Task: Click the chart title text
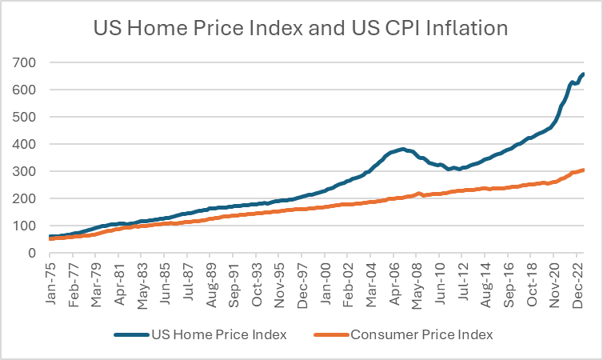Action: pos(301,29)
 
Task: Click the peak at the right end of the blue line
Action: pos(584,74)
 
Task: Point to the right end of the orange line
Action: pos(584,170)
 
